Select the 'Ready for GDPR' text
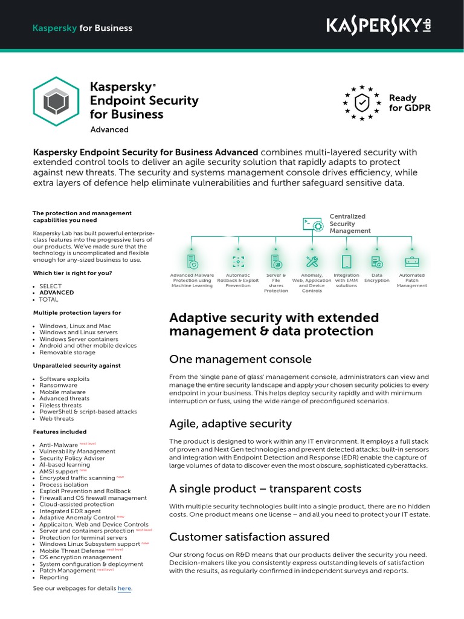[x=402, y=103]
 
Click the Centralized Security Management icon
[x=312, y=224]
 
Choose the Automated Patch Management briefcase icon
[x=411, y=262]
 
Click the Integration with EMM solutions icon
[x=346, y=262]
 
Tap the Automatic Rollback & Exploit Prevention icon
[x=238, y=262]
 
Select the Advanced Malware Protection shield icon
[x=192, y=262]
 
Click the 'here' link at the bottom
[x=124, y=588]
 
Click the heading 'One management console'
[x=240, y=359]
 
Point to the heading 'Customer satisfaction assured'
[x=249, y=537]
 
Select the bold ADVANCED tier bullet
[x=56, y=293]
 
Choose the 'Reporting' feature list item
[x=54, y=577]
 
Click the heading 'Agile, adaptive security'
[x=230, y=424]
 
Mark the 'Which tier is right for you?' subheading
[x=72, y=273]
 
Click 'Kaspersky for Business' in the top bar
[x=82, y=28]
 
